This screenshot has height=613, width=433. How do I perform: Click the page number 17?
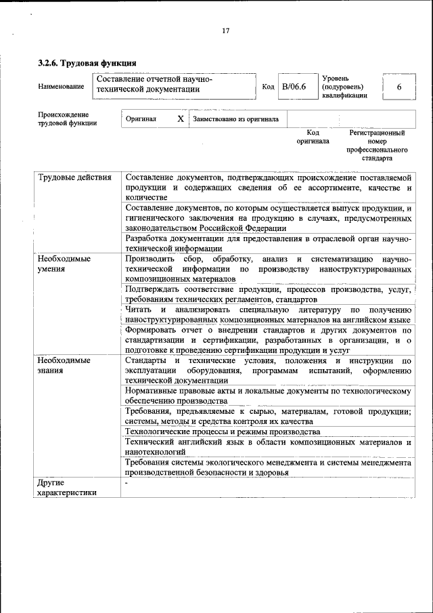(226, 30)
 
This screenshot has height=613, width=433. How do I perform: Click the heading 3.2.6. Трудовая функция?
(87, 63)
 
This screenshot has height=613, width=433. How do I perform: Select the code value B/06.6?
(294, 87)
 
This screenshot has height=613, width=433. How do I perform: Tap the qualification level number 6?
(398, 87)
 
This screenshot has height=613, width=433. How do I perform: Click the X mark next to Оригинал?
(180, 119)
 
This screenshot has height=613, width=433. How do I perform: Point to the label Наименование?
(62, 87)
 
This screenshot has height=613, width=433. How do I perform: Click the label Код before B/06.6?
(268, 87)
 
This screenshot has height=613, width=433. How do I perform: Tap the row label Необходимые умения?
(64, 263)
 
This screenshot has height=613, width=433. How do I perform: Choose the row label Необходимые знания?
(64, 366)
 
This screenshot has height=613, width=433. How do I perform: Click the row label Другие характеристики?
(67, 488)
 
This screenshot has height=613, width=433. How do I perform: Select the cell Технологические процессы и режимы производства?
(223, 431)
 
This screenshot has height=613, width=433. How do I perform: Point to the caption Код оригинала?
(313, 138)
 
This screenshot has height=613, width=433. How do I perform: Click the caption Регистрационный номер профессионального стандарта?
(377, 146)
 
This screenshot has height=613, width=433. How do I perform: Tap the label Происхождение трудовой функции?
(67, 119)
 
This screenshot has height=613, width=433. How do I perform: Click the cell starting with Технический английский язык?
(268, 446)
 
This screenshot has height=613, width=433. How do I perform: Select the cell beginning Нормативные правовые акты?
(268, 396)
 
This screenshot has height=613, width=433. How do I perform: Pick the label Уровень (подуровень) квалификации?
(344, 87)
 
